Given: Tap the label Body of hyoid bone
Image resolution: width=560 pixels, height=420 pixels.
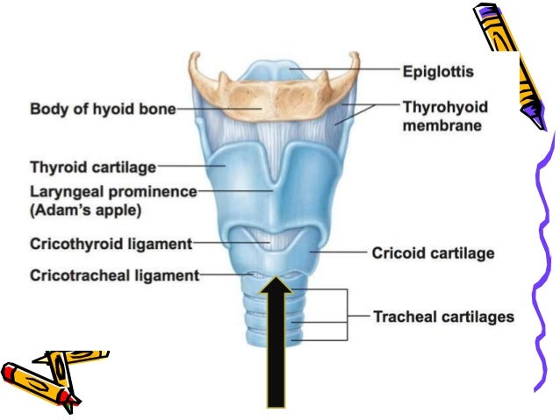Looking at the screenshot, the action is pyautogui.click(x=103, y=110).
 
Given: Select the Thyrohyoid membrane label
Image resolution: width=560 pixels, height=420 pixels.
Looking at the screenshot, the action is pyautogui.click(x=444, y=117).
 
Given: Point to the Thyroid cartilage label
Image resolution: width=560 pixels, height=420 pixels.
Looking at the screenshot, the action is pyautogui.click(x=92, y=166).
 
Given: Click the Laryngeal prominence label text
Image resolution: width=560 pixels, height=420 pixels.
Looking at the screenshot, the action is pyautogui.click(x=113, y=190).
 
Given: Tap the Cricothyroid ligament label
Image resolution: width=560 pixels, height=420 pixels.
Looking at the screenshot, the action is pyautogui.click(x=111, y=243).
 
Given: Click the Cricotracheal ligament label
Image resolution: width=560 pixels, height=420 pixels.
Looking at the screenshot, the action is pyautogui.click(x=114, y=274).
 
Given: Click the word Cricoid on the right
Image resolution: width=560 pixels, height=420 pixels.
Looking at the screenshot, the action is pyautogui.click(x=400, y=253).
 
